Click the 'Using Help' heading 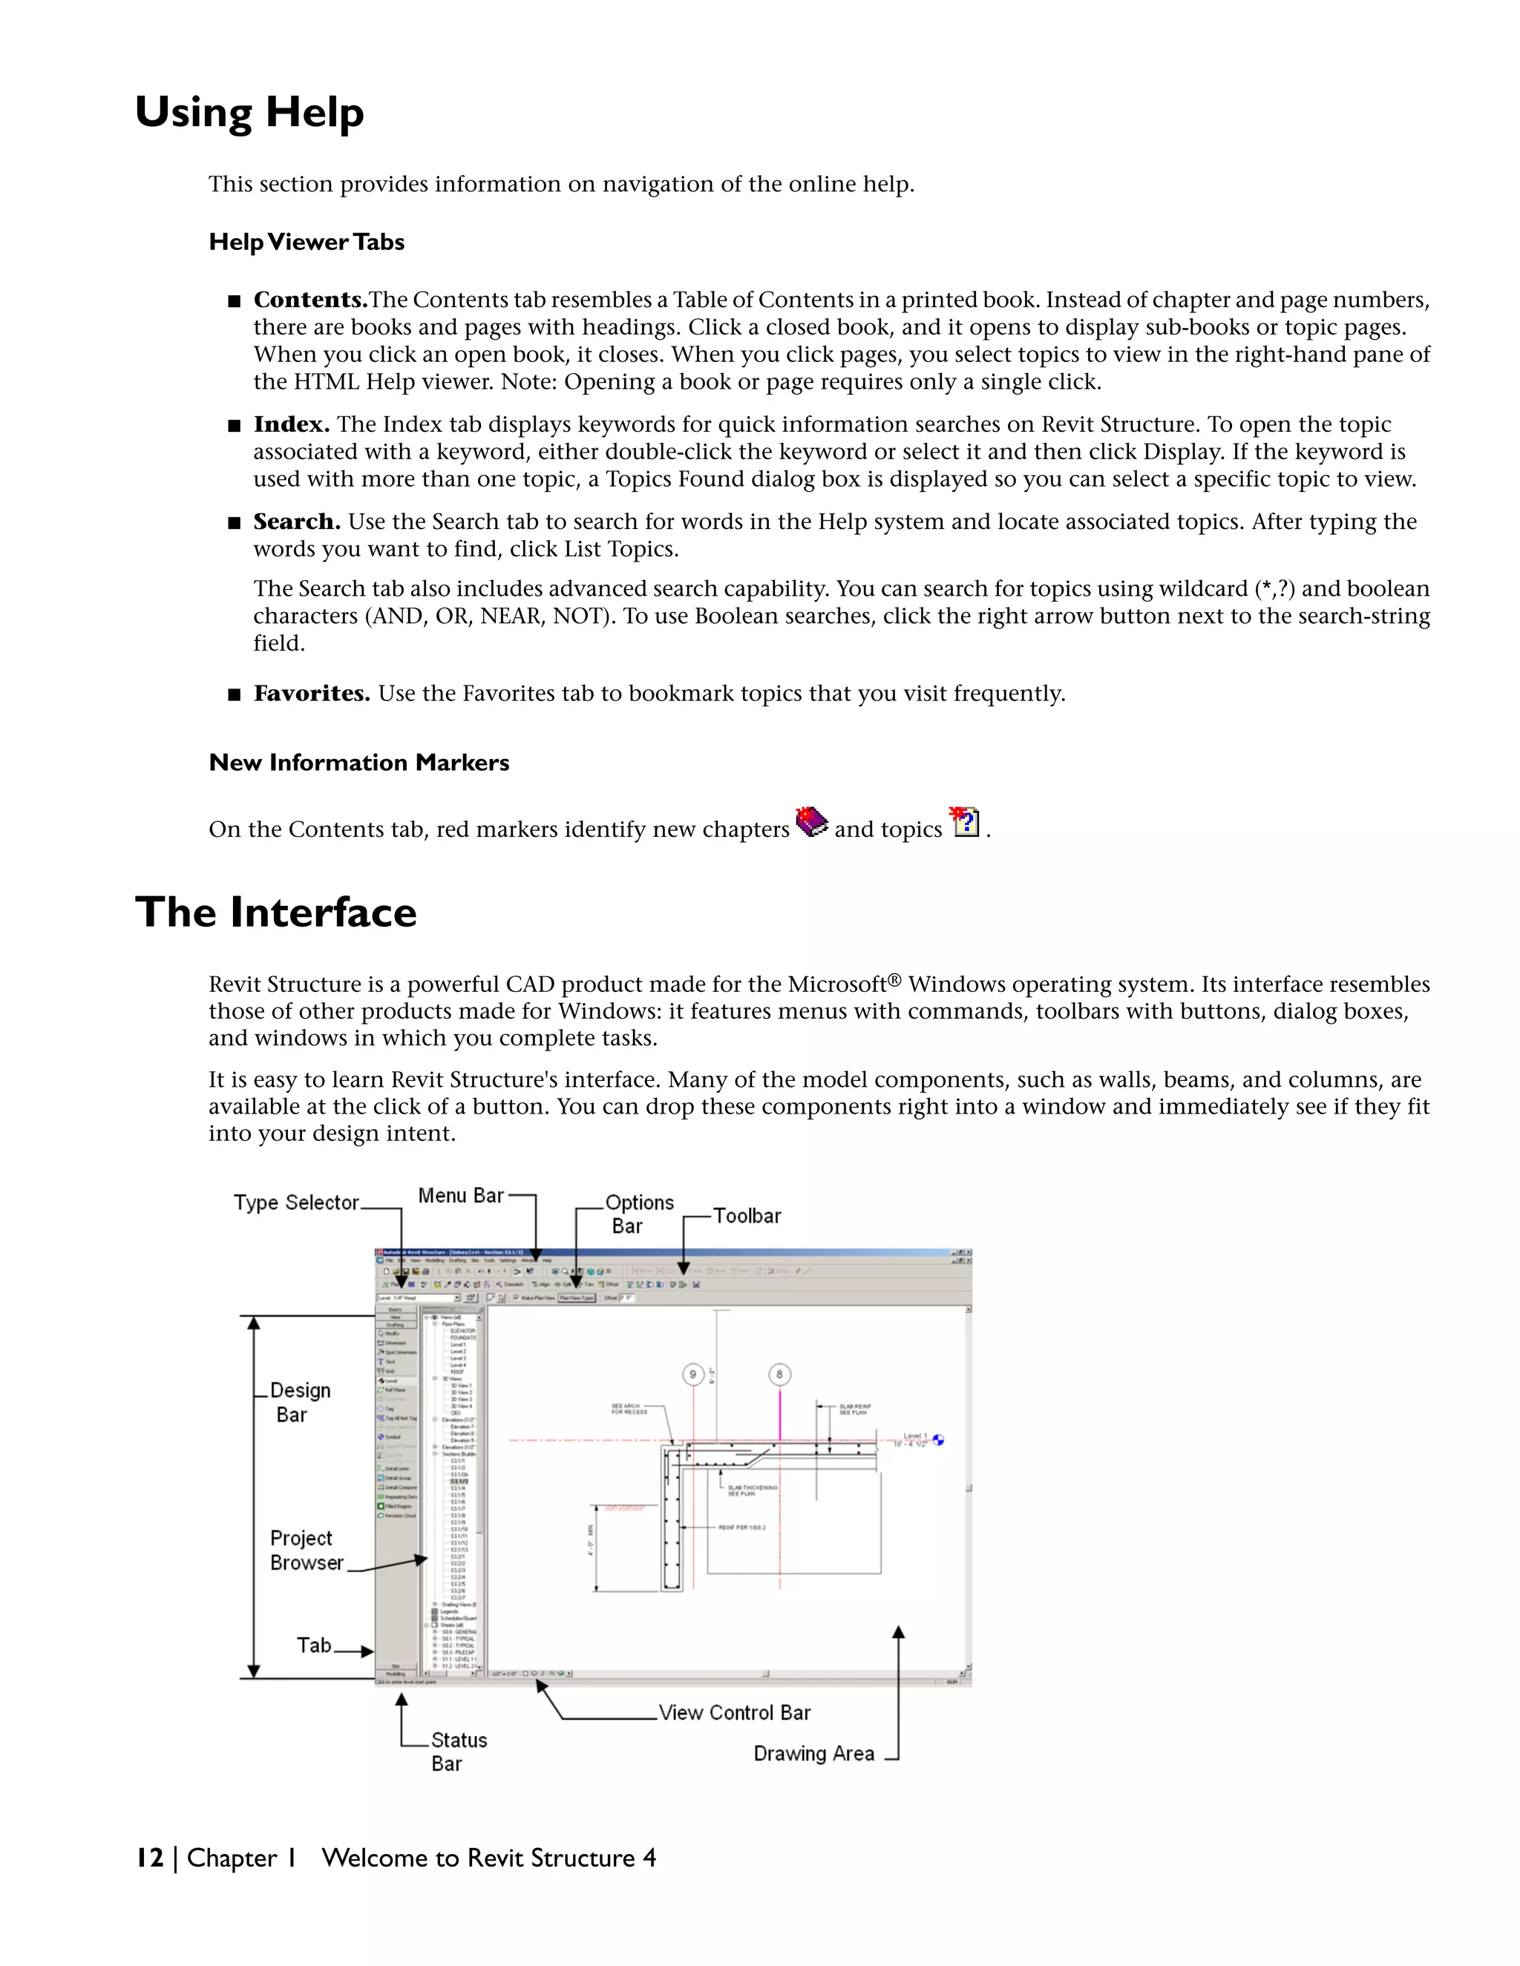249,114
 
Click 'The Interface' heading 275,913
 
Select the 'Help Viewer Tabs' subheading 307,242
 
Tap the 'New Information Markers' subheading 358,763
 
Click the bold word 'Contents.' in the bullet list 309,300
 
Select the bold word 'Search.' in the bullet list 296,522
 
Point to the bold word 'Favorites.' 312,693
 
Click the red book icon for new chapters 811,822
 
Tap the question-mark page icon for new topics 964,821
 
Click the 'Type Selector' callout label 296,1203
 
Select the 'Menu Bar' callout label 460,1195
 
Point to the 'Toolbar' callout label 747,1216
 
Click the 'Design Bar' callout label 299,1402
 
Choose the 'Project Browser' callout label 307,1550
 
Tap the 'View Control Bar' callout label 734,1713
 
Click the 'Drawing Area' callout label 813,1754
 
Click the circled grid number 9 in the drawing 692,1375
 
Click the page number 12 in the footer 149,1858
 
